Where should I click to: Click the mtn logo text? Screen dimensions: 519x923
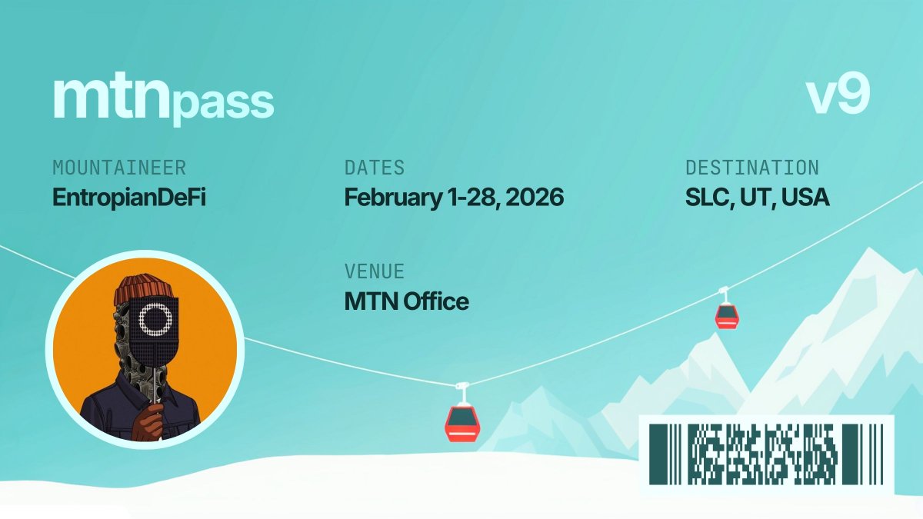coord(111,98)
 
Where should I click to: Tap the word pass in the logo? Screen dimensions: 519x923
coord(222,104)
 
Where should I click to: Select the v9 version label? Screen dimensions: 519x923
coord(838,97)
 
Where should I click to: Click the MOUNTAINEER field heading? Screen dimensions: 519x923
coord(118,168)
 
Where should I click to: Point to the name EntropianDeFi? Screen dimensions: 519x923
coord(128,197)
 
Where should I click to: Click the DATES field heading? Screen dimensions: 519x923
coord(374,168)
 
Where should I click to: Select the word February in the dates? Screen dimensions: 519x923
coord(387,197)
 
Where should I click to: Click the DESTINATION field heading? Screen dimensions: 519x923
coord(751,168)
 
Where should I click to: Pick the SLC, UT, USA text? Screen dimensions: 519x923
coord(757,197)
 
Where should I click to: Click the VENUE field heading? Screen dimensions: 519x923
coord(374,272)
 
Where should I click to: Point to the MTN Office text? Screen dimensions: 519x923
coord(406,301)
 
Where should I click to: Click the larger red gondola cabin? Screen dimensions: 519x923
coord(462,422)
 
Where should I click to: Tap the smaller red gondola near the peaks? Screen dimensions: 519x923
coord(726,314)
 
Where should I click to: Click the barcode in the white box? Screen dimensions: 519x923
coord(765,454)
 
